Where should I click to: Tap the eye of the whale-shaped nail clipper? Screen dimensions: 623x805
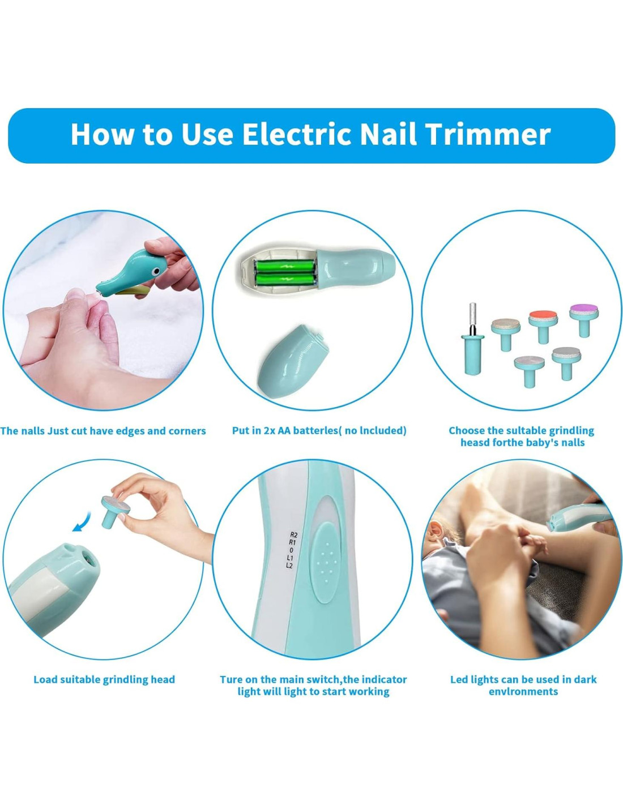(156, 273)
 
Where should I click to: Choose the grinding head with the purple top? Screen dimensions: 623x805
(584, 319)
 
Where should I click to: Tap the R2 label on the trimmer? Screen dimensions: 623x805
(293, 535)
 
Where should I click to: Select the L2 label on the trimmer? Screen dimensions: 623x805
(289, 566)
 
